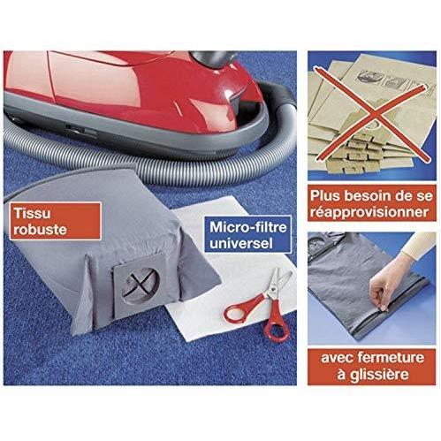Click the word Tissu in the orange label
pos(32,213)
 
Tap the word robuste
pos(40,230)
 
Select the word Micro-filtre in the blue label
pos(248,227)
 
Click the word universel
pos(241,243)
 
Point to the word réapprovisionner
pos(369,212)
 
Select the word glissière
pos(379,375)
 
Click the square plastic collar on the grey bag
pos(140,285)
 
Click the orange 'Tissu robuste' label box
pos(55,221)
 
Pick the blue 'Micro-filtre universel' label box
pos(247,235)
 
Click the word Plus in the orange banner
pos(325,196)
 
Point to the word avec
pos(337,358)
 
